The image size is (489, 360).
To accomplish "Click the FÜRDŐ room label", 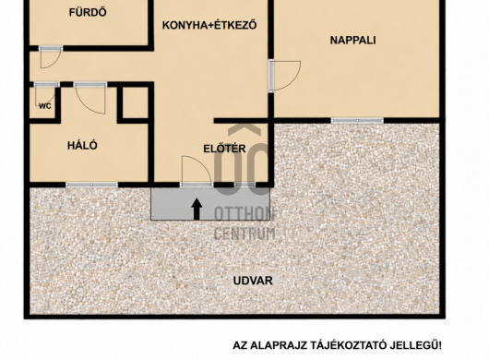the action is (83, 13).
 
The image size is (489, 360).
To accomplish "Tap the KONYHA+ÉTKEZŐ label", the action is (209, 25).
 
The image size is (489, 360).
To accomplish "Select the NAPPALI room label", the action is (352, 41).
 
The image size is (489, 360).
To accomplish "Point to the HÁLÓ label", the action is (82, 145).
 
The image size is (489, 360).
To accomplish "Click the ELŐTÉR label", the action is (224, 149).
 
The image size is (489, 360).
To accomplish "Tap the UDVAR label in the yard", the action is (253, 281).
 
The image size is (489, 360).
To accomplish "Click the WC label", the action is (45, 106).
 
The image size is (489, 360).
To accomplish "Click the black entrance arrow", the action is (197, 209).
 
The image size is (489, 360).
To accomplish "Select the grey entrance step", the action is (210, 204).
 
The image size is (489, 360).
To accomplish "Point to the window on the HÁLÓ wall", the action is (91, 185).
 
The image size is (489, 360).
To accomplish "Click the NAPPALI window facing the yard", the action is (357, 120).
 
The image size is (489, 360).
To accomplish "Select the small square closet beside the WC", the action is (135, 102).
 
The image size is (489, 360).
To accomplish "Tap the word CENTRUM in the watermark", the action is (244, 234).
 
